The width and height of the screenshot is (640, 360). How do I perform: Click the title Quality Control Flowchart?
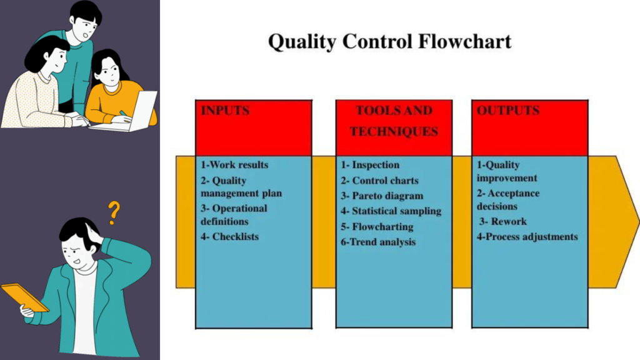coord(389,42)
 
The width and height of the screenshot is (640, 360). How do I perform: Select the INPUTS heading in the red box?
coord(225,111)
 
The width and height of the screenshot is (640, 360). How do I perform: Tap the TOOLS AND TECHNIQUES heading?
coord(394,121)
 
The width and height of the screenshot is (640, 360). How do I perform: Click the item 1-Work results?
coord(234,165)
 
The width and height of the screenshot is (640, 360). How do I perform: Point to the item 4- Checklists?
coord(229,237)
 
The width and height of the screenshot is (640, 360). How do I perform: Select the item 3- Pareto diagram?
coord(382,196)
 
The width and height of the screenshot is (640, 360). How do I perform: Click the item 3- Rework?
coord(503,221)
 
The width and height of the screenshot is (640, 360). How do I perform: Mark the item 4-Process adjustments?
coord(527,237)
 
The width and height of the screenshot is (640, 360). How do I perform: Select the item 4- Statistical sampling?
coord(391,211)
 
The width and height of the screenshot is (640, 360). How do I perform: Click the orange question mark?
coord(113,212)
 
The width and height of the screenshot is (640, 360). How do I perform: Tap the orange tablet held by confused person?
coord(24,297)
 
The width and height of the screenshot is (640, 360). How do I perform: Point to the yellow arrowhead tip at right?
coord(636,222)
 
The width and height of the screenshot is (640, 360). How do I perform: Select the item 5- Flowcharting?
coord(377,226)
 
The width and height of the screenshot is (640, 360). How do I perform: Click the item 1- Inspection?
coord(370,165)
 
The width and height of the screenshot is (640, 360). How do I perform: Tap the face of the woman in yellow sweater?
coord(107,72)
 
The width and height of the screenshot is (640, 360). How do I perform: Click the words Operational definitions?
coord(234,214)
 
